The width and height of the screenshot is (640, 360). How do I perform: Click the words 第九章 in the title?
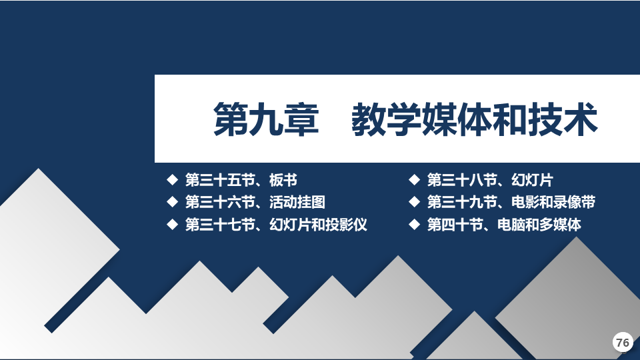coord(266,119)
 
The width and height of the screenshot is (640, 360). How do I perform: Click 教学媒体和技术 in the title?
coord(475,119)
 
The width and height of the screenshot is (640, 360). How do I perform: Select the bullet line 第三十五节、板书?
coord(241,180)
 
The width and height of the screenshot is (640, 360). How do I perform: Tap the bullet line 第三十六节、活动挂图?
coord(255,202)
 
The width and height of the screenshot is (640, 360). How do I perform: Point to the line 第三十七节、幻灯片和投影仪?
coord(276,225)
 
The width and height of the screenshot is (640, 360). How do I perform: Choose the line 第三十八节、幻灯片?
coord(490,180)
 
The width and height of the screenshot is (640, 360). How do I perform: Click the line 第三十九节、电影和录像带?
coord(511,202)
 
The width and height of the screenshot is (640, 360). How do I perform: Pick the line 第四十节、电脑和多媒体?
coord(504,225)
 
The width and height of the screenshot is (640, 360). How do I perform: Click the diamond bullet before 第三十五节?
coord(173,179)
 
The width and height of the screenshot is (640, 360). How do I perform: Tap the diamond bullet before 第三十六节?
coord(173,201)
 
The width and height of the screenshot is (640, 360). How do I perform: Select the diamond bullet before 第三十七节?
coord(173,224)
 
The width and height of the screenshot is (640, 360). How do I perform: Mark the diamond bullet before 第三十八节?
coord(414,179)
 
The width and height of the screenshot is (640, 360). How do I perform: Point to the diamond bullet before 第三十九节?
coord(414,201)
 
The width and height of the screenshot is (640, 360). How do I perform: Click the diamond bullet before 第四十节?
coord(414,224)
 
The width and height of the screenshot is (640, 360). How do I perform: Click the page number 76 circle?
coord(623,342)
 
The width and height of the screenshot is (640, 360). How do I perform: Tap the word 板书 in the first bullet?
coord(283,180)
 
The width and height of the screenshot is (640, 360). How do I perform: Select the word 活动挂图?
coord(297,202)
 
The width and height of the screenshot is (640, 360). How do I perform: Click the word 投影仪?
coord(346,225)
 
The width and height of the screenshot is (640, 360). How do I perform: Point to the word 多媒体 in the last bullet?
coord(560,225)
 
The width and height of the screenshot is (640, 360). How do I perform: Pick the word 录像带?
coord(574,202)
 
